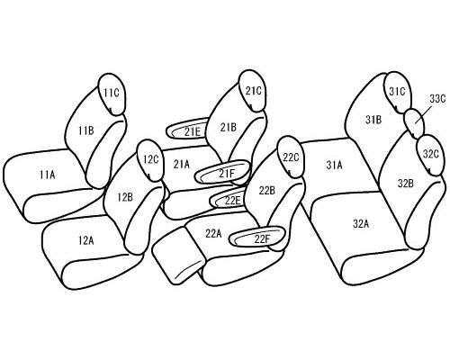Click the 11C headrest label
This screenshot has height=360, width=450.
click(112, 94)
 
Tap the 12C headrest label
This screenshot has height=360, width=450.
click(150, 159)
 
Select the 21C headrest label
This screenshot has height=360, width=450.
click(254, 91)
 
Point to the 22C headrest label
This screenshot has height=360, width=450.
click(291, 157)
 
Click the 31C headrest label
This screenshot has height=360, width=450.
click(397, 91)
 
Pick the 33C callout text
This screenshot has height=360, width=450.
click(437, 98)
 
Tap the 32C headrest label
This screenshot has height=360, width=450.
click(431, 154)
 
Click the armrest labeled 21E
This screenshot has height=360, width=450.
click(187, 130)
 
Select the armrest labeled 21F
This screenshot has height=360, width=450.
click(222, 172)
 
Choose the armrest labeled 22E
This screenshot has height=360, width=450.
click(228, 199)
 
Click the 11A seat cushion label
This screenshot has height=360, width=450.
click(48, 175)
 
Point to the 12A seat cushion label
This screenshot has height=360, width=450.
click(86, 240)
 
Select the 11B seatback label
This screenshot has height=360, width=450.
click(86, 130)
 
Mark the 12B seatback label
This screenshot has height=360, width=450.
click(125, 197)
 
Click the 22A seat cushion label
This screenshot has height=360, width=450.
click(213, 233)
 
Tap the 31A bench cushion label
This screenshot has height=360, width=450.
click(334, 165)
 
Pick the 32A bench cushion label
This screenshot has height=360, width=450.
click(361, 223)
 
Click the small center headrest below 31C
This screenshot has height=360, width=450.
click(414, 123)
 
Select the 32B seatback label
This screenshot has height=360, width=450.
click(406, 184)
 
